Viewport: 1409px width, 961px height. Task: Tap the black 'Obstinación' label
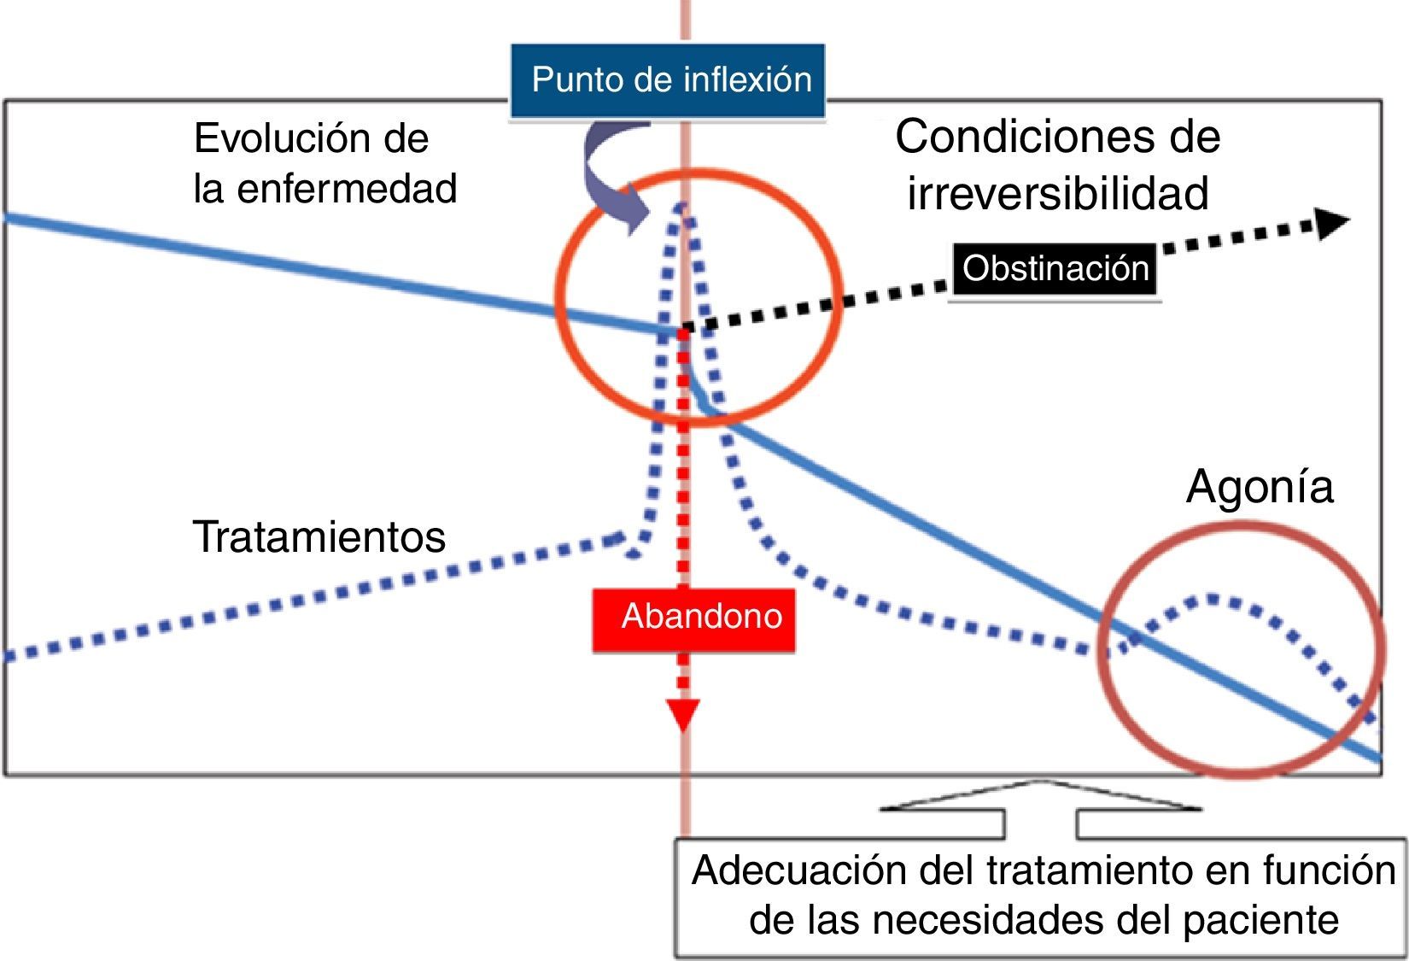[x=1055, y=268]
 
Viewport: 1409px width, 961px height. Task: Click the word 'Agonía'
[x=1260, y=487]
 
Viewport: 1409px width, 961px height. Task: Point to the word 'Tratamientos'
[x=319, y=537]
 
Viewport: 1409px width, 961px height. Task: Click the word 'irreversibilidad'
[x=1057, y=193]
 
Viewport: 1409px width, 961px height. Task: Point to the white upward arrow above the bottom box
[x=1040, y=803]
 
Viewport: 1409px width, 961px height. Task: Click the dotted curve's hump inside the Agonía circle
[x=1211, y=598]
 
